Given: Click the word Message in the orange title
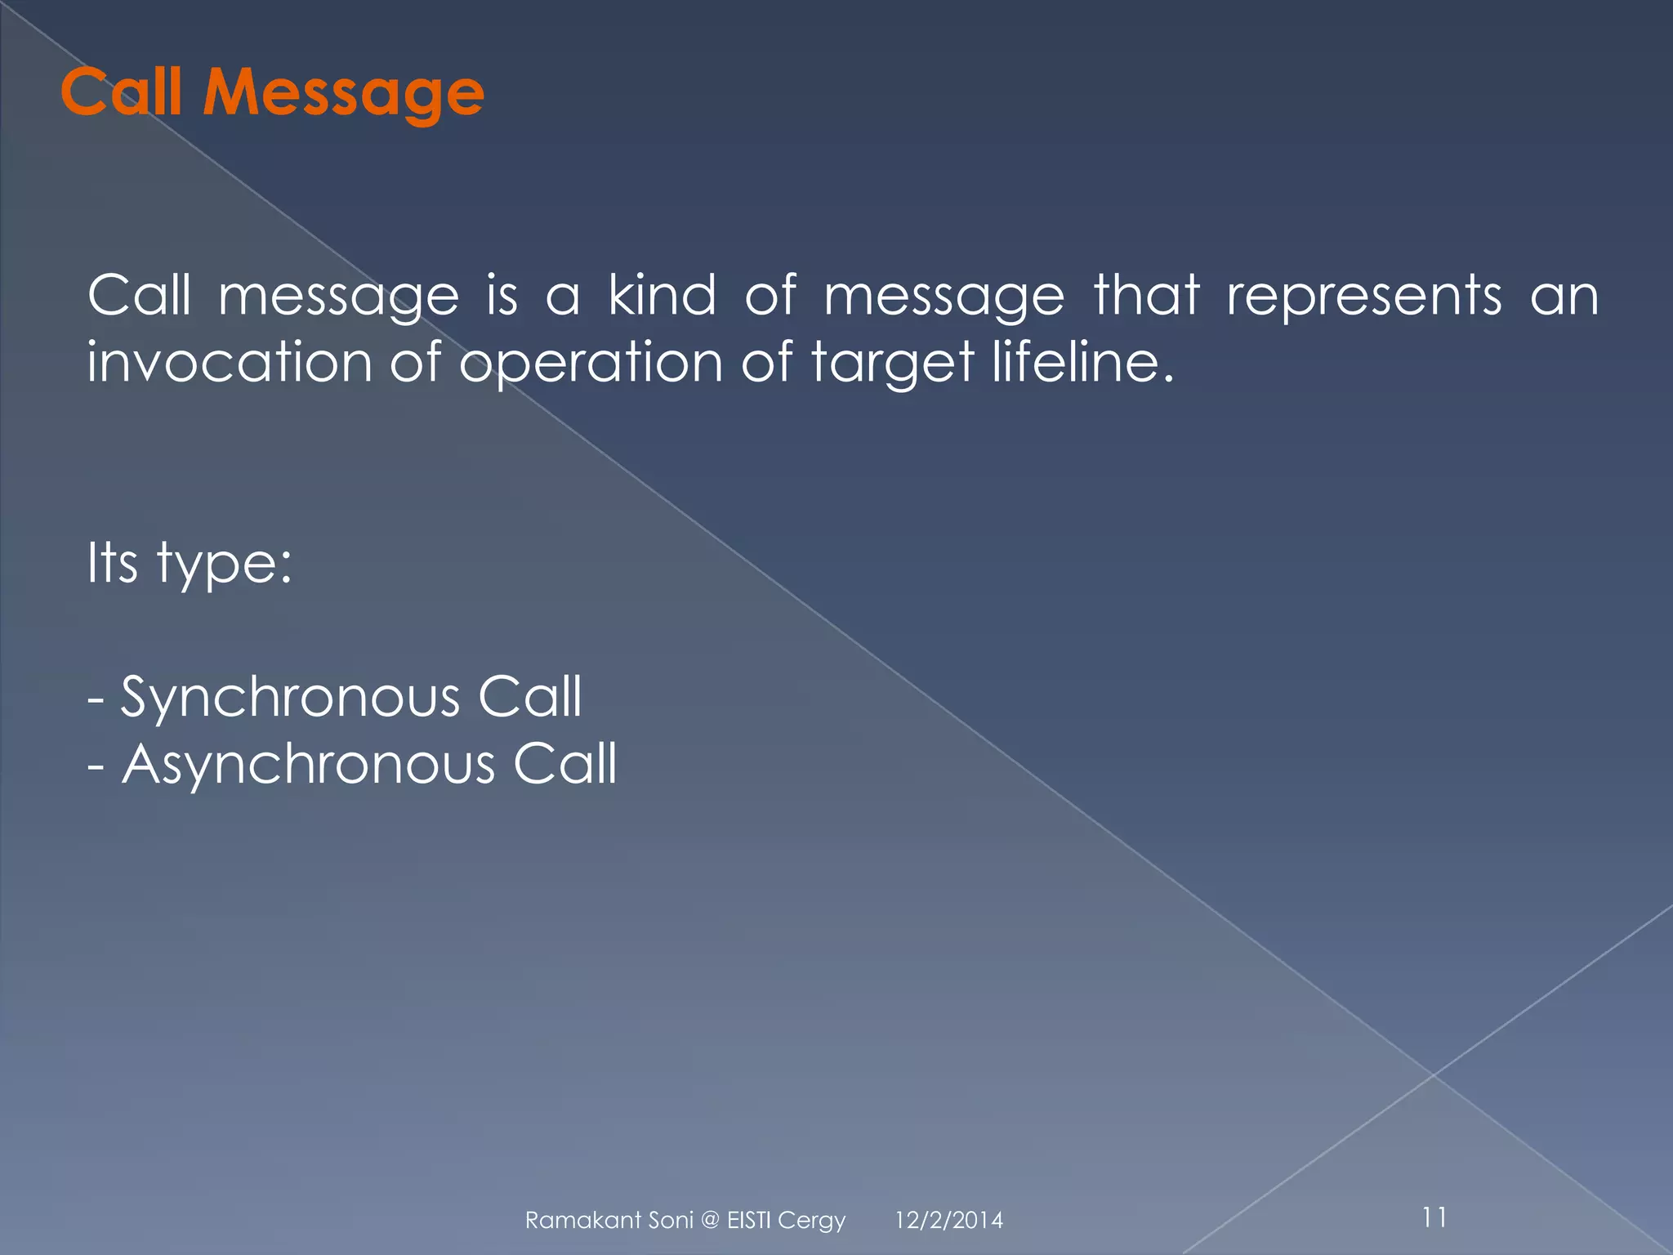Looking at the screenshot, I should pyautogui.click(x=343, y=93).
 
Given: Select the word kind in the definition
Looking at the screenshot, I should pyautogui.click(x=662, y=295).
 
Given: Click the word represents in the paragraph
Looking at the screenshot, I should pyautogui.click(x=1363, y=295).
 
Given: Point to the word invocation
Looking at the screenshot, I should pyautogui.click(x=230, y=362).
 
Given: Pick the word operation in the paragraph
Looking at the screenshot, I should pyautogui.click(x=591, y=362).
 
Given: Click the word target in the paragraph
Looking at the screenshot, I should pyautogui.click(x=893, y=362).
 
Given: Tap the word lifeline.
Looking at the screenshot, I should pyautogui.click(x=1082, y=362).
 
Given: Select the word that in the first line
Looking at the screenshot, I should pyautogui.click(x=1146, y=295).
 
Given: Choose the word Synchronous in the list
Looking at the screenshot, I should pyautogui.click(x=290, y=699).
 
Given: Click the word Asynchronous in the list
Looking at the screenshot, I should pyautogui.click(x=308, y=766).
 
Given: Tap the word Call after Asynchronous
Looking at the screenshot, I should pyautogui.click(x=564, y=766).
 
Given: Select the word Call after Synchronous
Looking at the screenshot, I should pyautogui.click(x=529, y=697).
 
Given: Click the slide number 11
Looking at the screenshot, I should pyautogui.click(x=1434, y=1217).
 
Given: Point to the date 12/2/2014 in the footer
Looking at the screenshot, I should pyautogui.click(x=948, y=1221).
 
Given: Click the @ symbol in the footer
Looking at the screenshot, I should pyautogui.click(x=710, y=1221).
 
